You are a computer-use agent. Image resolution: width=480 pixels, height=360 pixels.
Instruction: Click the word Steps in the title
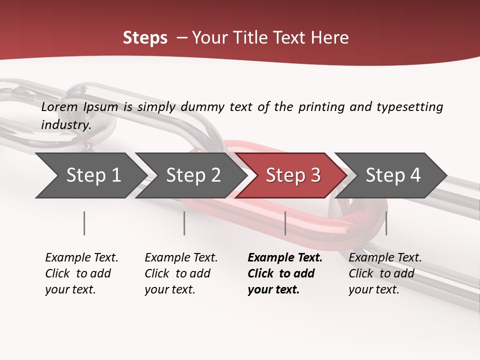(145, 38)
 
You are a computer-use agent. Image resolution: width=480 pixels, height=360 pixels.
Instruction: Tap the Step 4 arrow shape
(392, 175)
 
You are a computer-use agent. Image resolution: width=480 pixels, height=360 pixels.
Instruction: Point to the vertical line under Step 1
(84, 223)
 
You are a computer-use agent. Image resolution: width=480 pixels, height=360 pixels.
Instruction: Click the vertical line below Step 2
(184, 223)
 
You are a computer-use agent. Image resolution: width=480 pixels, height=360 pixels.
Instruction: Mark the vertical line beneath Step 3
(285, 223)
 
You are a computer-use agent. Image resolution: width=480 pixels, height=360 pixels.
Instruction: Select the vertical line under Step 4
(386, 223)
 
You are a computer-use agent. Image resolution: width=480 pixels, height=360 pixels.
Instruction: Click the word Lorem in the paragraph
(59, 107)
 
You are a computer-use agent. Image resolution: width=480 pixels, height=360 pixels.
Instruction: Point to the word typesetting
(409, 107)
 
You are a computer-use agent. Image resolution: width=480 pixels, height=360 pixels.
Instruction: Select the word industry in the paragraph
(65, 125)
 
